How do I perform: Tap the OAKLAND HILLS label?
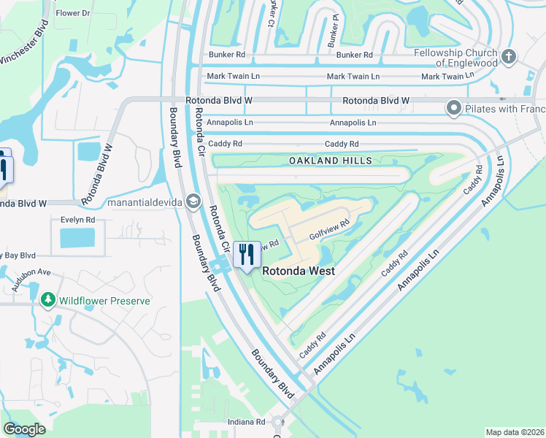(330, 161)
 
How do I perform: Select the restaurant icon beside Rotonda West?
(247, 255)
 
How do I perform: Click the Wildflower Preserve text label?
(104, 301)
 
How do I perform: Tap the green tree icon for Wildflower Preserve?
(48, 300)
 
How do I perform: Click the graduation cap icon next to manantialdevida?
(193, 200)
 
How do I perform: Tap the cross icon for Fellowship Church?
(510, 56)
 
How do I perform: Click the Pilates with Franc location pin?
(453, 109)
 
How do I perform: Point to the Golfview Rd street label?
(330, 231)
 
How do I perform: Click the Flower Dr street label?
(73, 13)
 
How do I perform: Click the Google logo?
(25, 429)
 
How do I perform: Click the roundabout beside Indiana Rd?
(277, 422)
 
